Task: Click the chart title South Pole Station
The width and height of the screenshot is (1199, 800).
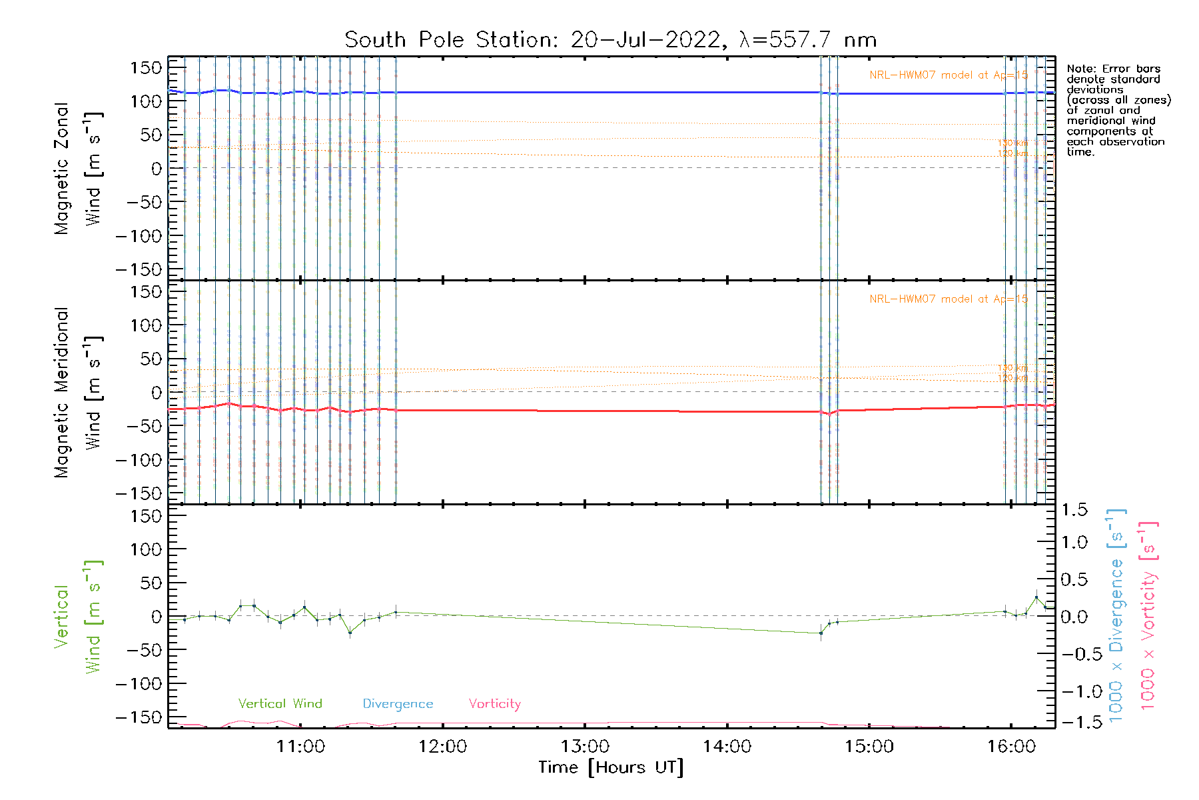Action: [x=610, y=40]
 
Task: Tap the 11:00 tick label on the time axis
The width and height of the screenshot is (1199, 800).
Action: [x=300, y=747]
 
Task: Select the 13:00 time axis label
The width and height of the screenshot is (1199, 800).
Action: [x=585, y=747]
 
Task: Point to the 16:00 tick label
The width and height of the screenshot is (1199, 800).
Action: [x=1011, y=747]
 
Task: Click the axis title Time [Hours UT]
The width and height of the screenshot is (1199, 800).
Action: [x=611, y=767]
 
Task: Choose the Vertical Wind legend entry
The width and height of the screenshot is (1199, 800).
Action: [x=280, y=703]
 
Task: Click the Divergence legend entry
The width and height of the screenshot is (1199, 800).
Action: [x=398, y=703]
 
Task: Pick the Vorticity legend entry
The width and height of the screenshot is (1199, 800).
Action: [x=494, y=703]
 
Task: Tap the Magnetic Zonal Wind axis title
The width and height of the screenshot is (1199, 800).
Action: [x=77, y=168]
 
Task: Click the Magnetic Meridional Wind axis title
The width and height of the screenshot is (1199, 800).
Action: [x=77, y=392]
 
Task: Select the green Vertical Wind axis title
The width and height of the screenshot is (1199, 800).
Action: [x=77, y=617]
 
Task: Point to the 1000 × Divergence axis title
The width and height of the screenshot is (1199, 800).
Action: [x=1116, y=615]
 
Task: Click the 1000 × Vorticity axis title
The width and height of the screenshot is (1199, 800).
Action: [x=1148, y=615]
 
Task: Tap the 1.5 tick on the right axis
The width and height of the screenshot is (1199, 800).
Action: [x=1074, y=510]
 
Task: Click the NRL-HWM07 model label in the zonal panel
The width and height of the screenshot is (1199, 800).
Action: [x=948, y=75]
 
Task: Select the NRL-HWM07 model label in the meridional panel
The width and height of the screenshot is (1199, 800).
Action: [x=948, y=299]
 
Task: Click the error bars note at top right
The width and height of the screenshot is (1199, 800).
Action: [x=1117, y=110]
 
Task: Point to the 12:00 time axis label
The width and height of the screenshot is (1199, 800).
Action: [x=442, y=747]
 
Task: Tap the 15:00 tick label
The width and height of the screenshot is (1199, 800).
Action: [x=869, y=747]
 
